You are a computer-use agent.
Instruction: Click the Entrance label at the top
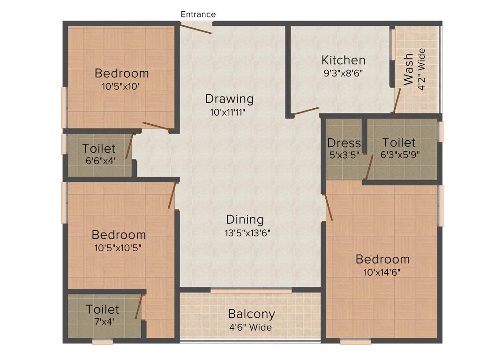[198, 14]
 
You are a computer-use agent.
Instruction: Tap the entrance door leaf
[195, 29]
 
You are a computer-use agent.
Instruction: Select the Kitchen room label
[343, 60]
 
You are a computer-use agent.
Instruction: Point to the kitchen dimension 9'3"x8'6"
[343, 73]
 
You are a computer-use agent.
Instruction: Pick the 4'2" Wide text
[421, 69]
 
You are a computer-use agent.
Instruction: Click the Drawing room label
[229, 99]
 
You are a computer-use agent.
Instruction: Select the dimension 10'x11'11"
[228, 112]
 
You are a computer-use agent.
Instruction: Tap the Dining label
[245, 219]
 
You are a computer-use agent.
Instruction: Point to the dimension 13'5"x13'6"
[248, 232]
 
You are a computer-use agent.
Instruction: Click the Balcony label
[251, 314]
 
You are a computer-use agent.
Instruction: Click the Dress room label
[344, 143]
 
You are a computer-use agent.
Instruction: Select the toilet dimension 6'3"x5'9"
[398, 155]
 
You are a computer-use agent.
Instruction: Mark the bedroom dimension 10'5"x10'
[120, 86]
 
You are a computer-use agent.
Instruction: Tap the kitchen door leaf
[306, 111]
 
